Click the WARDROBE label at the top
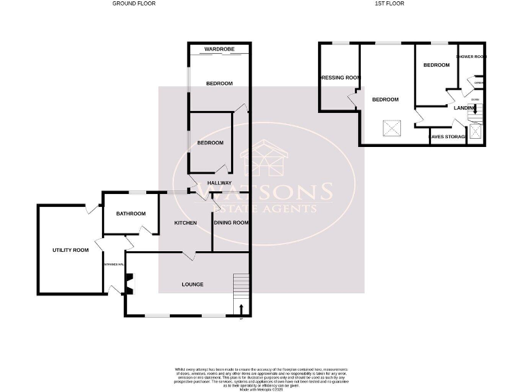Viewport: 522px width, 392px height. pyautogui.click(x=219, y=49)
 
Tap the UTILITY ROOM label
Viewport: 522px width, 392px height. pyautogui.click(x=71, y=250)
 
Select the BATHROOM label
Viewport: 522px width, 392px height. pyautogui.click(x=130, y=214)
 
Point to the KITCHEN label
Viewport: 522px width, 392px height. pyautogui.click(x=186, y=223)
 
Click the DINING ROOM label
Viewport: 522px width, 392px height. pyautogui.click(x=231, y=223)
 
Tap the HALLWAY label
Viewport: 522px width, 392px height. pyautogui.click(x=219, y=183)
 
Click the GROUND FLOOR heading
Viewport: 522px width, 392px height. pyautogui.click(x=134, y=3)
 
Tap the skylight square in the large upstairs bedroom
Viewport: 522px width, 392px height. pyautogui.click(x=391, y=128)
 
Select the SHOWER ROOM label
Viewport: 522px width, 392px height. pyautogui.click(x=472, y=56)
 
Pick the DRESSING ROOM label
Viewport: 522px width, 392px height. pyautogui.click(x=340, y=78)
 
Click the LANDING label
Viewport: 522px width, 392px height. pyautogui.click(x=465, y=108)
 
